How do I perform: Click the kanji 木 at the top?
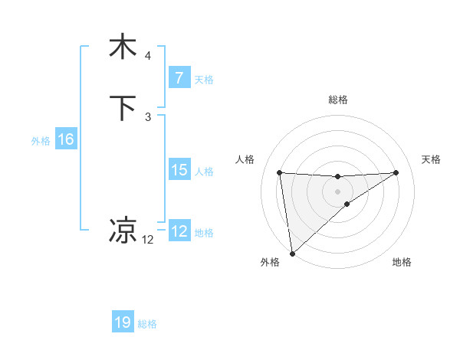[x=123, y=47]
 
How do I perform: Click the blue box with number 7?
[x=179, y=78]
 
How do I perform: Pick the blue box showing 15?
[x=179, y=170]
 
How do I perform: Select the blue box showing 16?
[x=65, y=139]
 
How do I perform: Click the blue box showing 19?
[x=123, y=323]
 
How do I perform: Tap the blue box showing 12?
[x=179, y=231]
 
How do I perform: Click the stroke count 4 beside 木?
[x=148, y=56]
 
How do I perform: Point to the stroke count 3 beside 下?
[x=148, y=117]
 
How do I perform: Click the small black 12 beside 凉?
[x=148, y=240]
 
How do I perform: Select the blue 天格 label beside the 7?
[x=204, y=79]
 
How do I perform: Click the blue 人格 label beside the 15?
[x=204, y=171]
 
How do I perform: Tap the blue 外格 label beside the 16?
[x=41, y=140]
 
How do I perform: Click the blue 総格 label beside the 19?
[x=147, y=324]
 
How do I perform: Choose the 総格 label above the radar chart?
[x=337, y=100]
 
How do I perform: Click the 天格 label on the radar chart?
[x=432, y=159]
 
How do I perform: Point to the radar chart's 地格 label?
[x=402, y=262]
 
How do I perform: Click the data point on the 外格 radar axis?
[x=291, y=253]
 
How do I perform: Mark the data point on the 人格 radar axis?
[x=280, y=172]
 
